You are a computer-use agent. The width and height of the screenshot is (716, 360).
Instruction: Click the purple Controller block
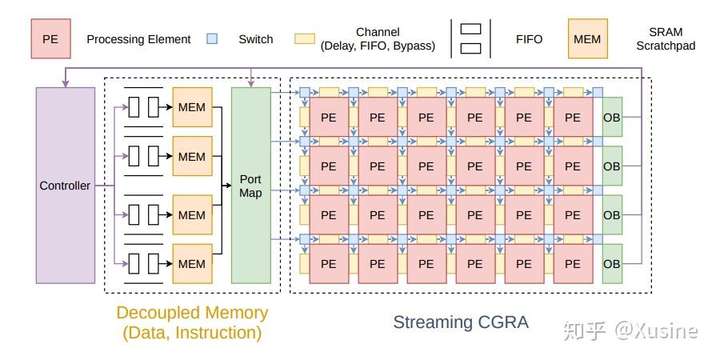click(x=65, y=185)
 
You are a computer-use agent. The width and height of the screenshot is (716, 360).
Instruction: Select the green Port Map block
click(x=250, y=185)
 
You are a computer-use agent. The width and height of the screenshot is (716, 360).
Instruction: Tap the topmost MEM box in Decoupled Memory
click(x=192, y=107)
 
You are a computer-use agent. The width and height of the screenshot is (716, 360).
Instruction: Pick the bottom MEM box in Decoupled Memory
click(x=192, y=263)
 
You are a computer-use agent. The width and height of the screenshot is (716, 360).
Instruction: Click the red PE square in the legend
click(x=50, y=38)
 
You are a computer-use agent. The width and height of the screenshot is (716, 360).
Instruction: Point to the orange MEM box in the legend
click(x=588, y=38)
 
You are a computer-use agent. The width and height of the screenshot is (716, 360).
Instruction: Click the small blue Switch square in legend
click(x=212, y=38)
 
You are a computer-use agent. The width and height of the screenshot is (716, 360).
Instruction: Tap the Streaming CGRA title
click(x=461, y=322)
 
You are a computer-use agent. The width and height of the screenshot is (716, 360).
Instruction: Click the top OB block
click(x=611, y=117)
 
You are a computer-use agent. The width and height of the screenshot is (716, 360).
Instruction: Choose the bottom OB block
click(x=611, y=264)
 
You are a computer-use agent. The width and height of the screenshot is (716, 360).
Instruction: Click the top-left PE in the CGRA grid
click(x=328, y=117)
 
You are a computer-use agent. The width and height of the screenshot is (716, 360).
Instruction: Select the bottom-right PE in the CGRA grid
click(x=572, y=264)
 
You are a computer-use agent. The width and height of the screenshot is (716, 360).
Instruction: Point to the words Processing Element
click(x=138, y=39)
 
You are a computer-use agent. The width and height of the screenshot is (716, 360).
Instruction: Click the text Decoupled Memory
click(x=192, y=313)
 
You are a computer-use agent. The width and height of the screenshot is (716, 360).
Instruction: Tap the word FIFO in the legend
click(x=529, y=39)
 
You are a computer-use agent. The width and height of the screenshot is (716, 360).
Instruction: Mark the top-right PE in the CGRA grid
click(x=572, y=117)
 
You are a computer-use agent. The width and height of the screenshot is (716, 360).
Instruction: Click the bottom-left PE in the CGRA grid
click(x=328, y=264)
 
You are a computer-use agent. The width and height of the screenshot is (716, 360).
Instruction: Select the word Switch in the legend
click(x=255, y=39)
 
